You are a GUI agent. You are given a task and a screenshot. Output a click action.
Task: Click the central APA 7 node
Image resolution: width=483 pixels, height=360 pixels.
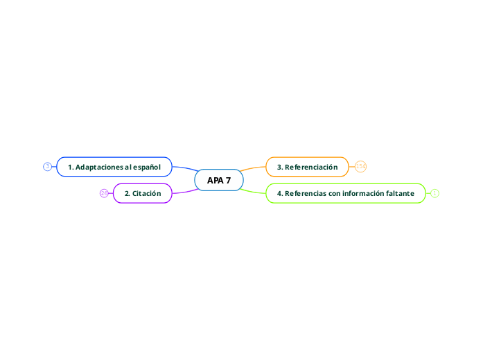point(219,180)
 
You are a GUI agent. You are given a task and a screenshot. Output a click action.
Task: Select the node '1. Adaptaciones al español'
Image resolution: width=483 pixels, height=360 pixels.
point(114,167)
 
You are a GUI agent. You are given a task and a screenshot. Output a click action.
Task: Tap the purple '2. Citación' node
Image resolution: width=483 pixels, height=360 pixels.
point(142,193)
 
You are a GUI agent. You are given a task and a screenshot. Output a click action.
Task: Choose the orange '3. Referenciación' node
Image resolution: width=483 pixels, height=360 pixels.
point(307,167)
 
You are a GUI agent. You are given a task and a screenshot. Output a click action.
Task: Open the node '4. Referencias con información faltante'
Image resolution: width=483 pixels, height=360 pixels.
point(345,193)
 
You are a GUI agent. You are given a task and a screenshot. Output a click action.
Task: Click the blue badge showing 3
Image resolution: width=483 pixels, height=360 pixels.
point(47,166)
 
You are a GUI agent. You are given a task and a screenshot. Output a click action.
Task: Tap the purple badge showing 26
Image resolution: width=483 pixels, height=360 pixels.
point(104,193)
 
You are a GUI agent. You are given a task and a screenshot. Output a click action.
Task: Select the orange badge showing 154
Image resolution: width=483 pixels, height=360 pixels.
point(360,166)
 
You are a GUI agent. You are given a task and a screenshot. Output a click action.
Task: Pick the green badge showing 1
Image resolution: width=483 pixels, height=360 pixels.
point(434,193)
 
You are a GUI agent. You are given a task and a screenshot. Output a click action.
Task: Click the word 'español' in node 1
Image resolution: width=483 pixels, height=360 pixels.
point(146,167)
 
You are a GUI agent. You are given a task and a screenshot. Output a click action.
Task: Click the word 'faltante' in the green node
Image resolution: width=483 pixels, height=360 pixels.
point(400,193)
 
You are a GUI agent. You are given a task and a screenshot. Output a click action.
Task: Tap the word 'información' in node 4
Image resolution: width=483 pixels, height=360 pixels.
point(358,193)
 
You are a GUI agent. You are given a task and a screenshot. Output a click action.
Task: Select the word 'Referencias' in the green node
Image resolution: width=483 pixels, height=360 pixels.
point(306,193)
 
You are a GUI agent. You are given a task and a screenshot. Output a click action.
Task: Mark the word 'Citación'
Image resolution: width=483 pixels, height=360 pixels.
point(147,193)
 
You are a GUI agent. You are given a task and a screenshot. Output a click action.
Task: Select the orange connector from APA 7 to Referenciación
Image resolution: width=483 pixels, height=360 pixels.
point(254,169)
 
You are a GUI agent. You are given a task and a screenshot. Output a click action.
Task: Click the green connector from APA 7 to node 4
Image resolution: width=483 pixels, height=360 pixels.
point(254,190)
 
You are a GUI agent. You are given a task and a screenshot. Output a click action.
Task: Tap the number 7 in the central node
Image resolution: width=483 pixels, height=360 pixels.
point(229,180)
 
